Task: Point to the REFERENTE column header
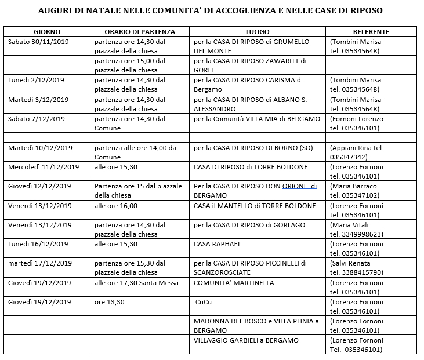(x=371, y=32)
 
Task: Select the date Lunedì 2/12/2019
(x=36, y=80)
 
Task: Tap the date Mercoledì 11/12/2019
(x=43, y=167)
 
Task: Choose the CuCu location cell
(x=204, y=302)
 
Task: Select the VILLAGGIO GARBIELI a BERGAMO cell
(x=246, y=340)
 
